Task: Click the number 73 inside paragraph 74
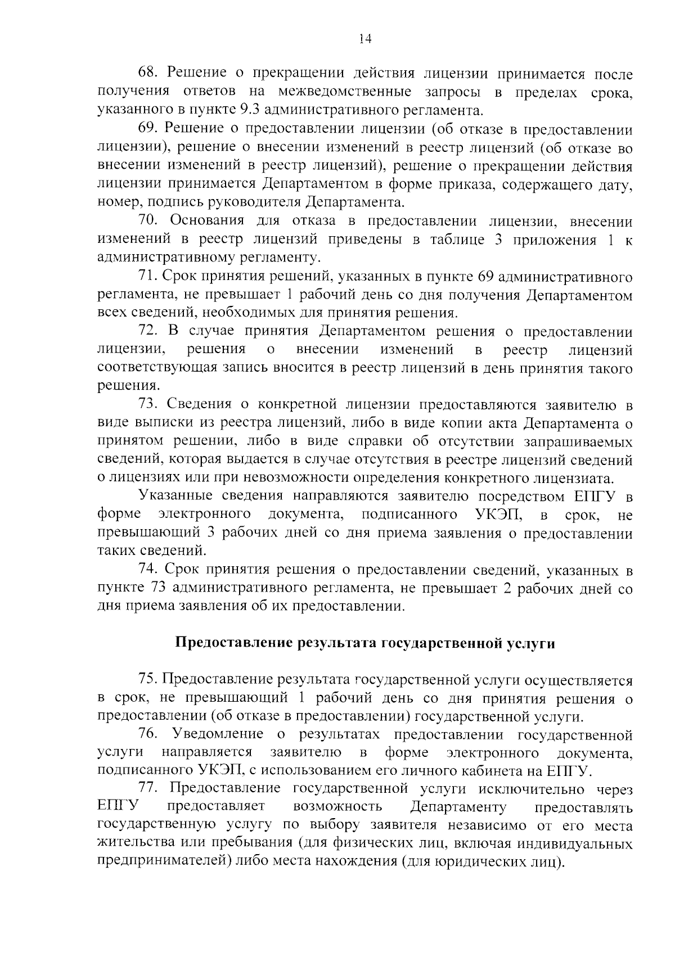(157, 589)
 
